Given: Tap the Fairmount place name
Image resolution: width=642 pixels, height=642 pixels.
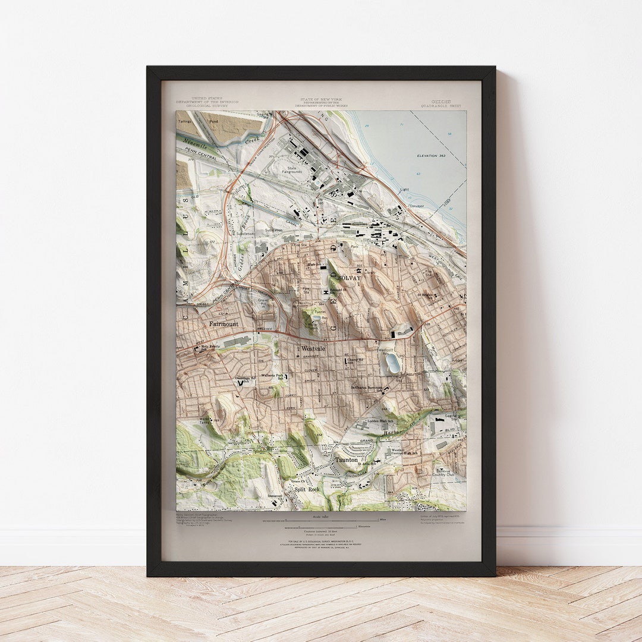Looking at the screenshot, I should click(x=224, y=324).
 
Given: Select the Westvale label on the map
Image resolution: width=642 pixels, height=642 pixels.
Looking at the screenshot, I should click(x=313, y=348).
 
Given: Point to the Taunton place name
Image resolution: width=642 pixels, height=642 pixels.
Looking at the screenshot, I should click(x=347, y=460).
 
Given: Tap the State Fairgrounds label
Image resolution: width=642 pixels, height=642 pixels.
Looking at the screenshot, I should click(x=292, y=170).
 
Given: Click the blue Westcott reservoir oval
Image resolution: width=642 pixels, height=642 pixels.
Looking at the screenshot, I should click(x=393, y=363).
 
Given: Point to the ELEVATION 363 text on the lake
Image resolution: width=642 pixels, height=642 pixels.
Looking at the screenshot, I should click(x=431, y=155).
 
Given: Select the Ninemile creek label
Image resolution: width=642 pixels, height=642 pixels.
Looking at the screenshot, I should click(x=196, y=143).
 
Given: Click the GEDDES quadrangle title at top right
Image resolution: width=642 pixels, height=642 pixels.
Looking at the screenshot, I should click(x=440, y=102).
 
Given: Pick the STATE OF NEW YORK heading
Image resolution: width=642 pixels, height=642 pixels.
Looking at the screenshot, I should click(x=321, y=100).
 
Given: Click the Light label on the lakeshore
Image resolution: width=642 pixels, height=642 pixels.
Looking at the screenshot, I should click(x=404, y=190).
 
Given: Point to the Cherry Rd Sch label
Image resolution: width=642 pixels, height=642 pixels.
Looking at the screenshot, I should click(x=355, y=360).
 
